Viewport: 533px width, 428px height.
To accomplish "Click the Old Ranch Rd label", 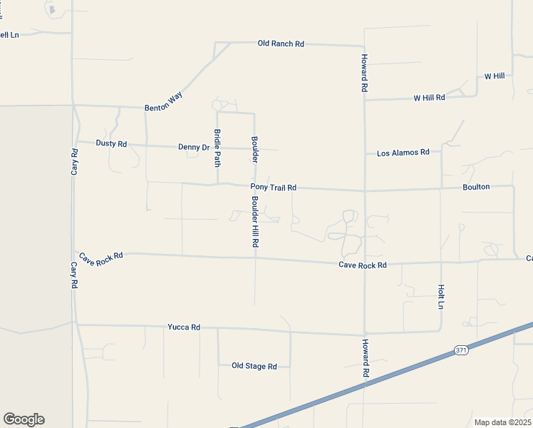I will tap(281, 44).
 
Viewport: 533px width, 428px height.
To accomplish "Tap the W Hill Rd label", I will tap(429, 98).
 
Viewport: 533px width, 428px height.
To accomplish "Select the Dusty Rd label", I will tap(111, 143).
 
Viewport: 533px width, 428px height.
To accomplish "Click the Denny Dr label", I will tap(194, 147).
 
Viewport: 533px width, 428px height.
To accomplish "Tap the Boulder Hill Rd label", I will tap(254, 221).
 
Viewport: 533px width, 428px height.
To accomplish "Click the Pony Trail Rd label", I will tap(273, 188).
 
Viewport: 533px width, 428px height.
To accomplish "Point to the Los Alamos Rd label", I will tap(403, 153).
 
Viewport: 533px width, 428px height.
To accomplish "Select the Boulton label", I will tap(476, 187).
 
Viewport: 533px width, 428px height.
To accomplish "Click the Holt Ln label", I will tap(441, 296).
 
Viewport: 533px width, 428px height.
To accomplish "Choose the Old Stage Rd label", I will tap(254, 366).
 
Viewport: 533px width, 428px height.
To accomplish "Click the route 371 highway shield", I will tap(461, 350).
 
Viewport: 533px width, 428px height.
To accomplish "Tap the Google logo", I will tap(24, 419).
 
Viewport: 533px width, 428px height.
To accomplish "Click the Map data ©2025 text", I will tap(502, 422).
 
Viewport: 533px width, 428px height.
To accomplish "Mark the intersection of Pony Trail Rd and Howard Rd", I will tap(365, 191).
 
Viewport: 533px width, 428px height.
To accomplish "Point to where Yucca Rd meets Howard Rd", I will tap(365, 334).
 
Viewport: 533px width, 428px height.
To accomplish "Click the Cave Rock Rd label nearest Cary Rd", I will tap(101, 256).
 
